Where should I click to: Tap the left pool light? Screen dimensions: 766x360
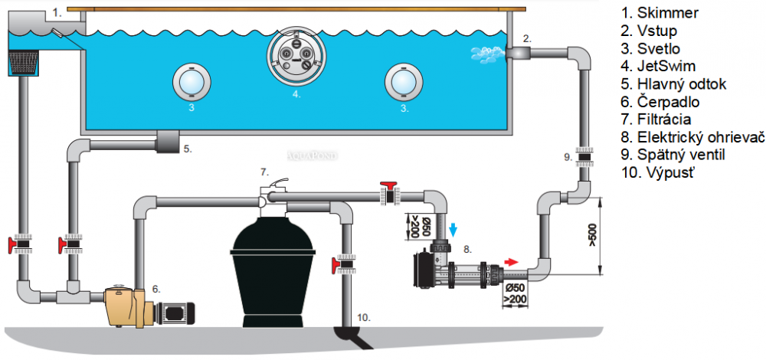pyautogui.click(x=192, y=81)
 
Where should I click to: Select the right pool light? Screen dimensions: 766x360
pyautogui.click(x=403, y=81)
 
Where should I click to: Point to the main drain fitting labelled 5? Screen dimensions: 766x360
pyautogui.click(x=167, y=141)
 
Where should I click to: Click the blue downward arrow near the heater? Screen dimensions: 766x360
pyautogui.click(x=453, y=229)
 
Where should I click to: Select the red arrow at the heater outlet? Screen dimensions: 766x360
pyautogui.click(x=510, y=262)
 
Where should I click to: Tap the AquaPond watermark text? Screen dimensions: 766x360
pyautogui.click(x=313, y=155)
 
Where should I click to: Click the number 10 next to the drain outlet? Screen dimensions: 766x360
pyautogui.click(x=363, y=318)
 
